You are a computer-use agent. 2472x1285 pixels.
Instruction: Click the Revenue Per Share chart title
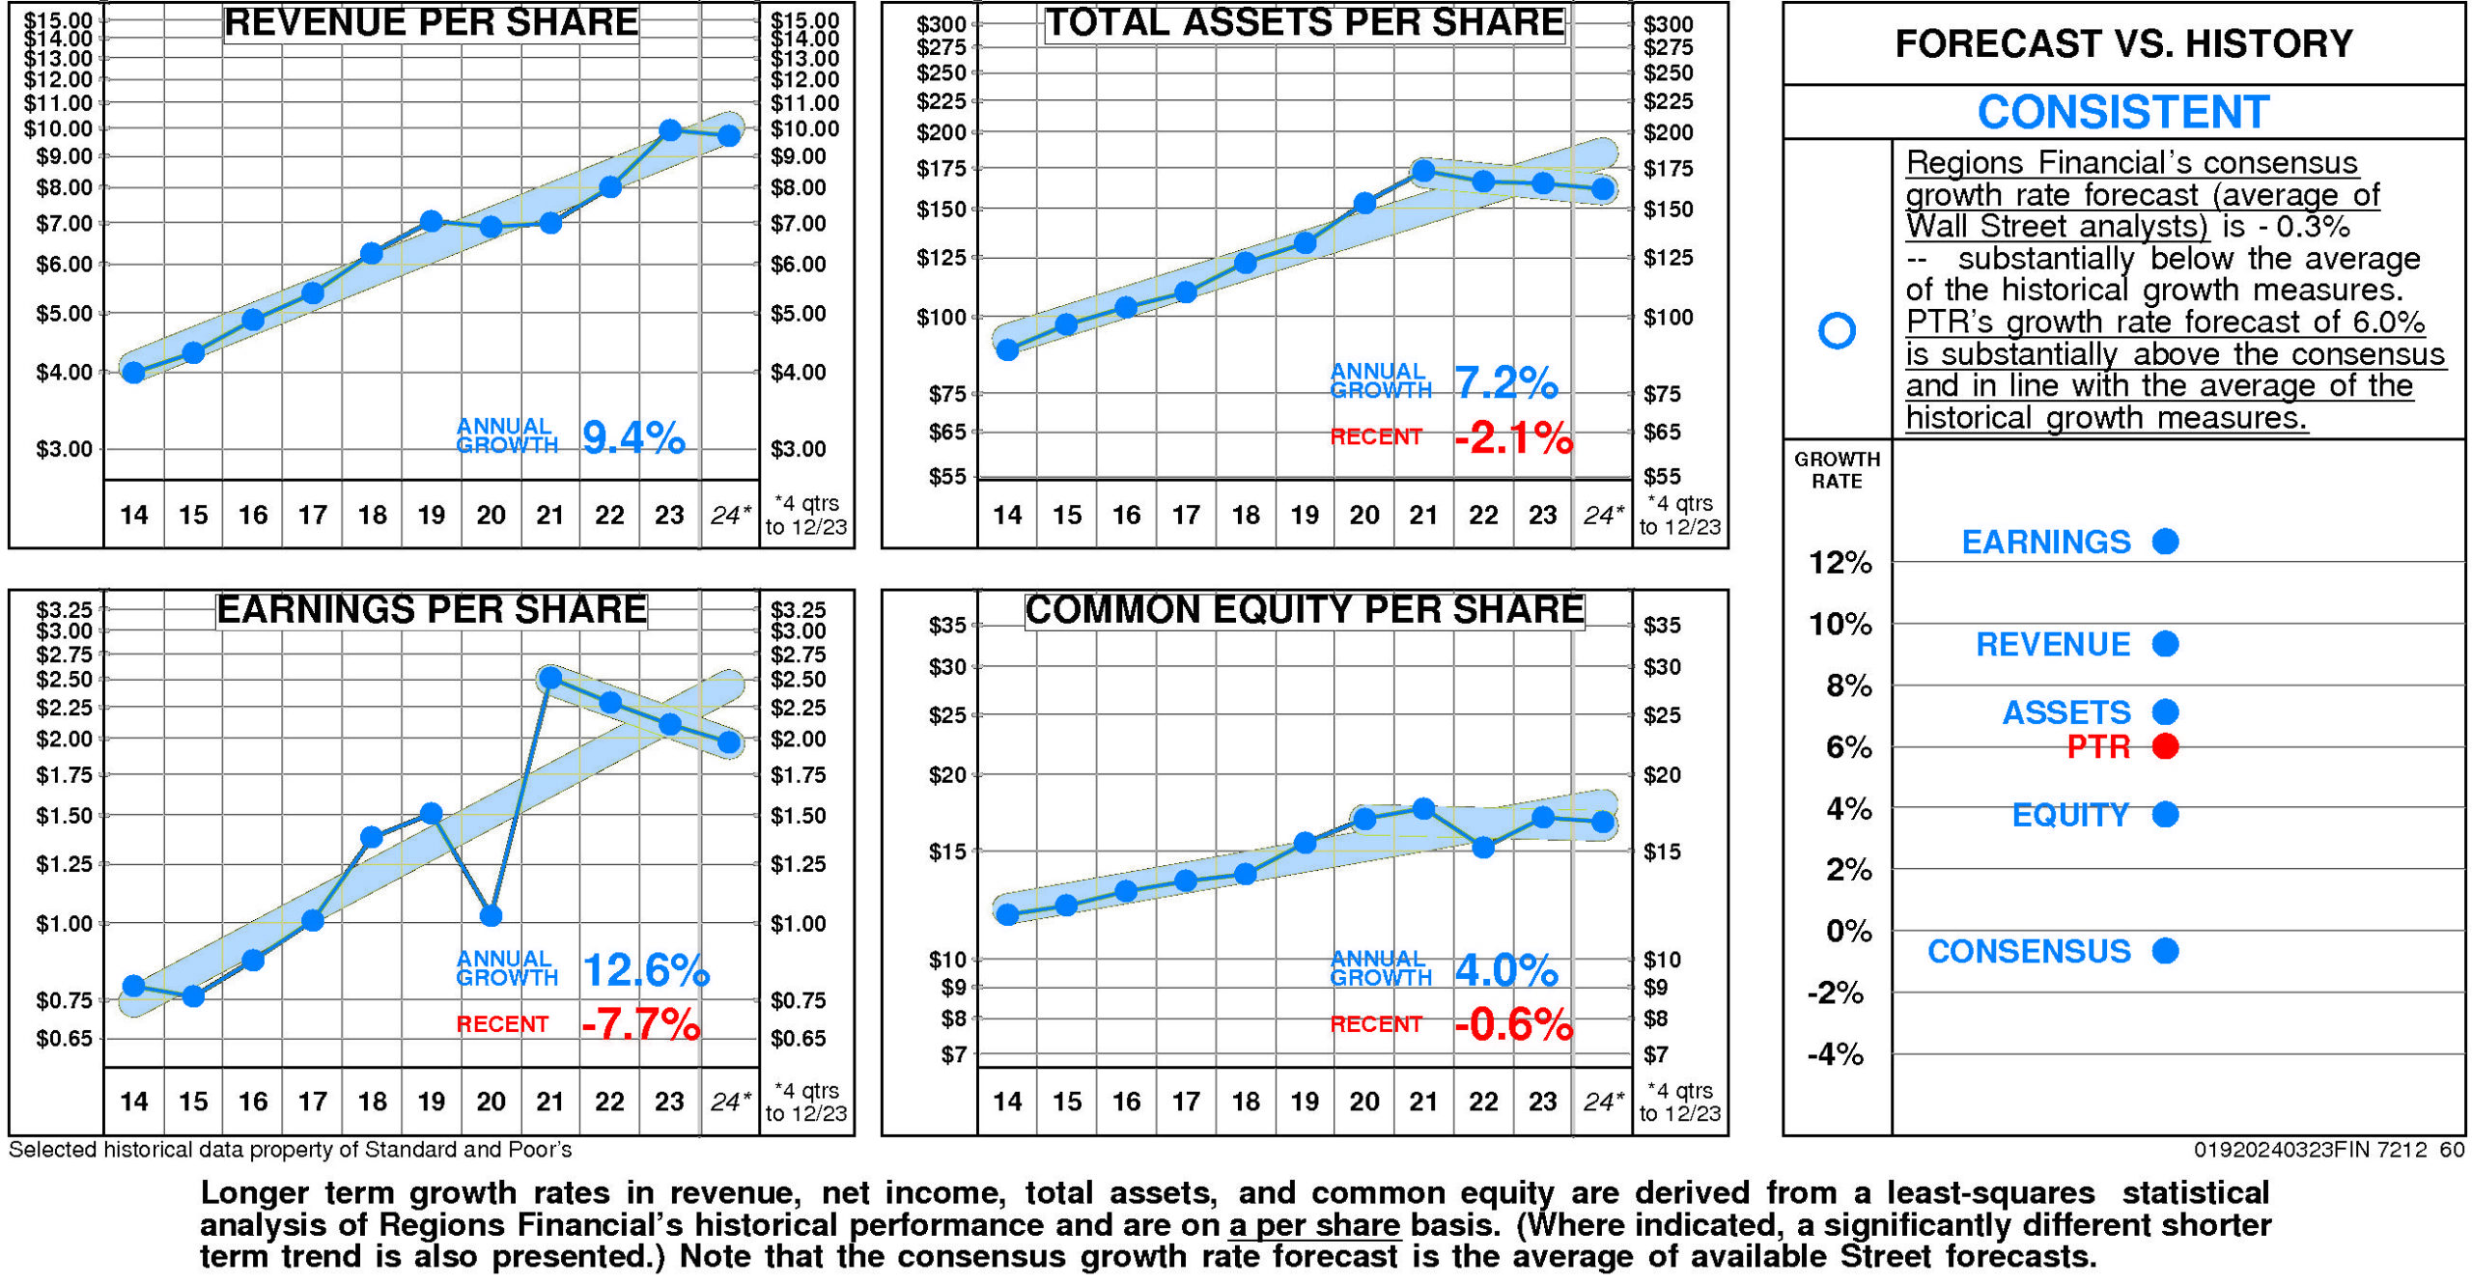(431, 22)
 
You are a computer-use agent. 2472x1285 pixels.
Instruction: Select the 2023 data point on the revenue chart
(669, 129)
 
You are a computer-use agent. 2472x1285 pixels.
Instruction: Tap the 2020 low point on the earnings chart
(491, 913)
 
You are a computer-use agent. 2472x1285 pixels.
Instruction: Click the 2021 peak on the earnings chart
(550, 678)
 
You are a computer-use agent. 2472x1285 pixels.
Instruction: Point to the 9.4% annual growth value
(633, 437)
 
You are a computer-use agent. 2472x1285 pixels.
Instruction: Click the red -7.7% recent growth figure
(640, 1023)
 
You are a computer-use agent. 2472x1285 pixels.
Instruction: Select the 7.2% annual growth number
(1505, 382)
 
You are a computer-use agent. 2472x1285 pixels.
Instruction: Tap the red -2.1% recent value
(1513, 438)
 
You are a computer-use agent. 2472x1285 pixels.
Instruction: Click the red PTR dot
(2165, 746)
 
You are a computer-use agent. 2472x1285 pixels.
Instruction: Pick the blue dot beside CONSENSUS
(2165, 951)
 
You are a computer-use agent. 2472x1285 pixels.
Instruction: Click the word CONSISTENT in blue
(2122, 112)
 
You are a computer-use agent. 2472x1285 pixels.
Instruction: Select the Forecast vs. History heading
(2122, 43)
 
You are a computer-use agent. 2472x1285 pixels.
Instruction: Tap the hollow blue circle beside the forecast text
(1836, 330)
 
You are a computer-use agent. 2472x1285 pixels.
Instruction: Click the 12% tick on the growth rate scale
(1840, 562)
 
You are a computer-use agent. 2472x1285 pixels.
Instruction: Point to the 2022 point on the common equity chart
(1483, 847)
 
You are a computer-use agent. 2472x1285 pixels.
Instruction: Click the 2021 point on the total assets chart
(1422, 172)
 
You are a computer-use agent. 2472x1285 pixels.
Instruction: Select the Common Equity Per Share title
(1304, 609)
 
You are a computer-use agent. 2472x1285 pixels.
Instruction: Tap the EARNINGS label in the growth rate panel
(2045, 542)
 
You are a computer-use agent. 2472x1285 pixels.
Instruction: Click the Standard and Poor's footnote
(290, 1149)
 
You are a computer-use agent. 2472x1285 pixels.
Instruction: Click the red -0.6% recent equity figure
(1513, 1023)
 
